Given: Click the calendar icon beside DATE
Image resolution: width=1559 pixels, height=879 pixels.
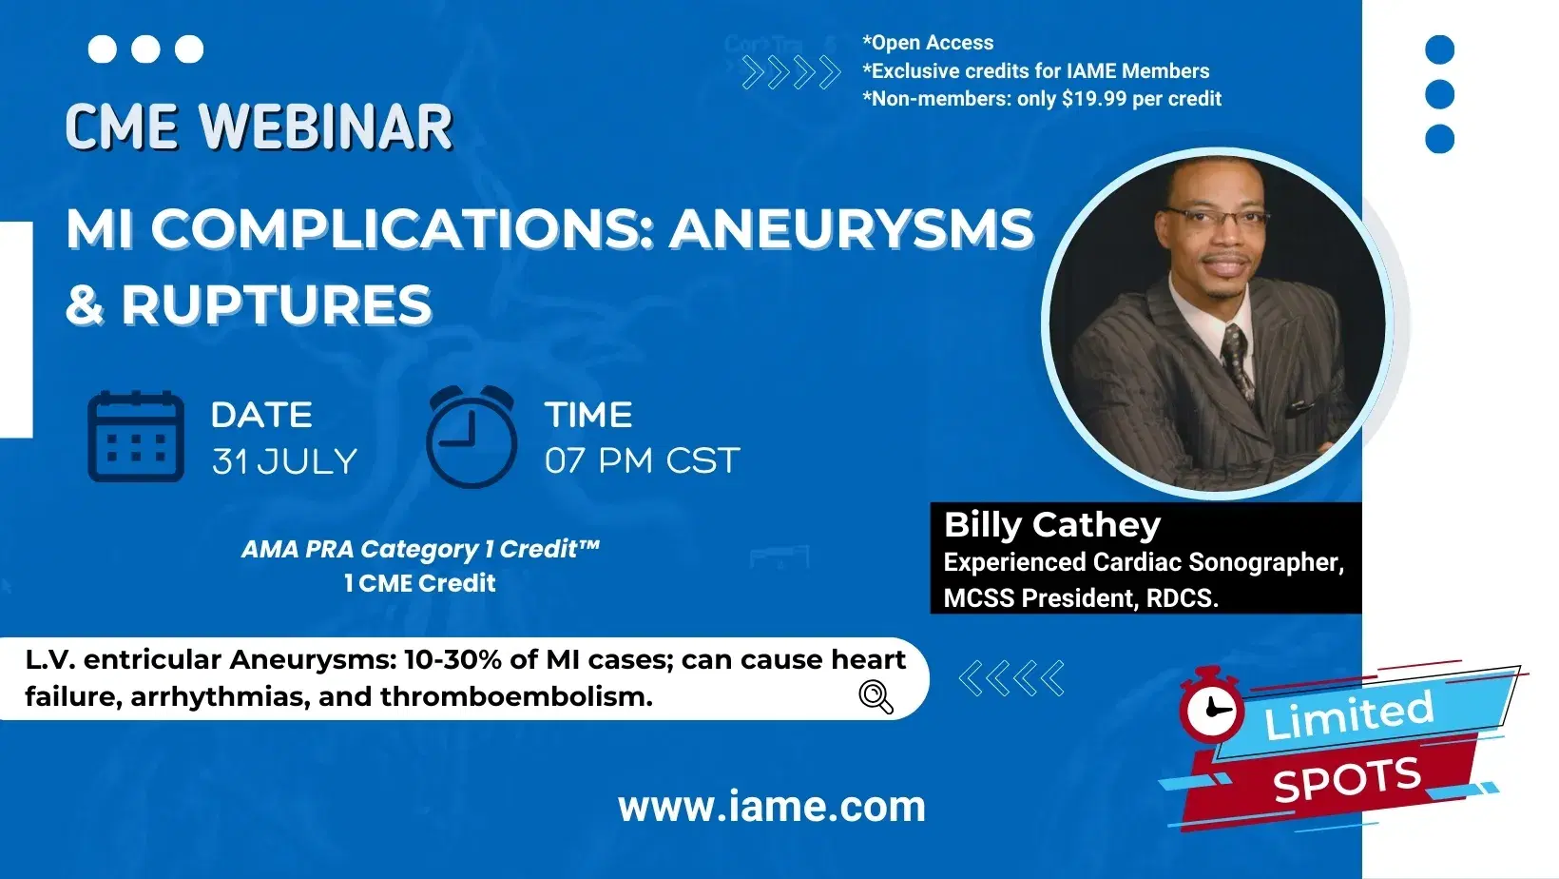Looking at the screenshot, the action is [x=136, y=437].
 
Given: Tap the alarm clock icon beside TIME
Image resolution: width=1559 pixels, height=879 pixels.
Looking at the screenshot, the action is [x=472, y=437].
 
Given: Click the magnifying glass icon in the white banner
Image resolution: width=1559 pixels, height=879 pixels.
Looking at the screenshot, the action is [x=876, y=696].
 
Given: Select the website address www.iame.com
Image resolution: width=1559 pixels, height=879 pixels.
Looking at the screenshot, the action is [x=771, y=807].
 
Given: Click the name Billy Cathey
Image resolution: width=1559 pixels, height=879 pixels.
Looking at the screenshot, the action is [x=1051, y=524].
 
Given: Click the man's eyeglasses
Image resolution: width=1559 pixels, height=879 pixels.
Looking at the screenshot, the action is [x=1217, y=217].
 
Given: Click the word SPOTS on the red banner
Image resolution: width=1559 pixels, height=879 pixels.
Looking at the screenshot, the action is [x=1347, y=780].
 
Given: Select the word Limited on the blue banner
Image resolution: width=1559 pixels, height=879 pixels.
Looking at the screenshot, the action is [x=1348, y=715].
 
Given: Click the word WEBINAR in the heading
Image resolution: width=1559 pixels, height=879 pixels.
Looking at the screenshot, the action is [x=326, y=127].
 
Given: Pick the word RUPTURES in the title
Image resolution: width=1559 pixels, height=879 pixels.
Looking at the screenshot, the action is [x=277, y=304].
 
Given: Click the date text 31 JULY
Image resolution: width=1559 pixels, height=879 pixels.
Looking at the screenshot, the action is [x=284, y=461].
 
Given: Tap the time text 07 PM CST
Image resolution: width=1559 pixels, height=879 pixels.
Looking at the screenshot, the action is [x=642, y=461].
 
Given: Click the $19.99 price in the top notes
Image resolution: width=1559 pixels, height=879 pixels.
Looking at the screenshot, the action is [x=1094, y=99].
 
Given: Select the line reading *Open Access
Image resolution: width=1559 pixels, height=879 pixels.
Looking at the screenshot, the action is [x=928, y=43].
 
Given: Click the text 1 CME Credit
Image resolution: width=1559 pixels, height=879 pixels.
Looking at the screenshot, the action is [x=419, y=583].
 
